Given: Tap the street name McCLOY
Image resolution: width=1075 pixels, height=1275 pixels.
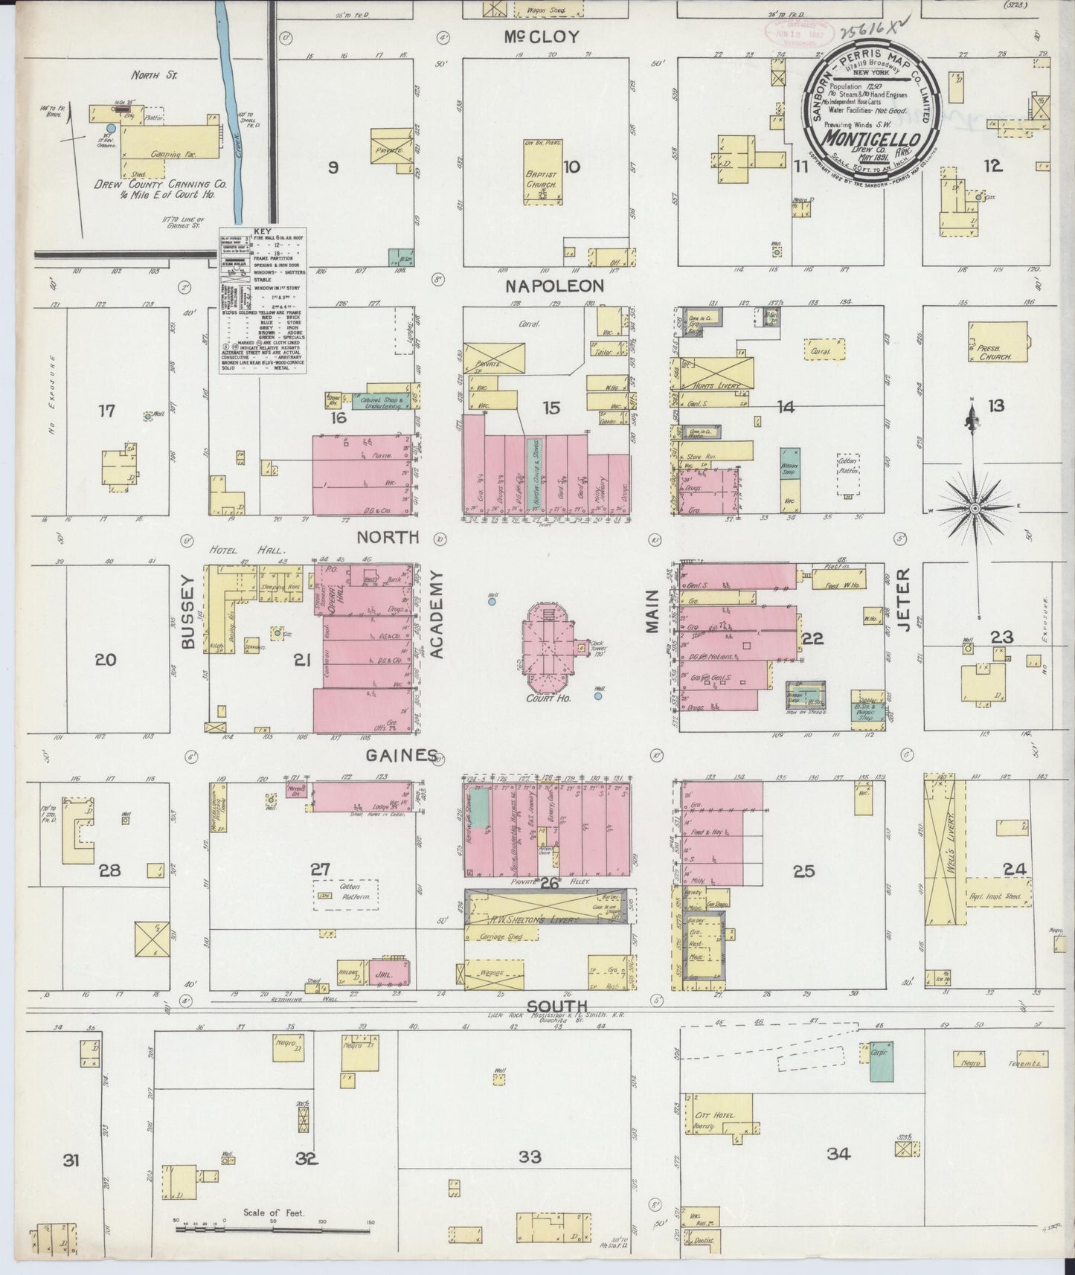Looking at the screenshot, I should pos(541,37).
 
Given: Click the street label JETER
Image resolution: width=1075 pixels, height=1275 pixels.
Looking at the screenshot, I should pos(904,600).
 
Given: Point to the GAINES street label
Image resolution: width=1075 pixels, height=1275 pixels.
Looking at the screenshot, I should pos(400,755).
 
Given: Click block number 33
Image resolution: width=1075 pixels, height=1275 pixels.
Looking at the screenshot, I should pos(530,1157).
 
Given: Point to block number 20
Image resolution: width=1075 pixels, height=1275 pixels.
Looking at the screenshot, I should pos(106,659).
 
